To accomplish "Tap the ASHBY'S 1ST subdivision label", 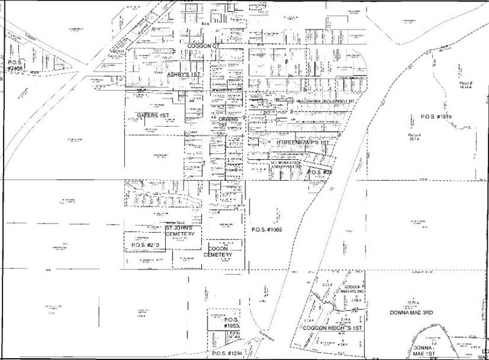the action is coord(185,73).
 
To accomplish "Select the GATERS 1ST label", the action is coord(152,115).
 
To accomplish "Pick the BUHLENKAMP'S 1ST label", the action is coord(303,142).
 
